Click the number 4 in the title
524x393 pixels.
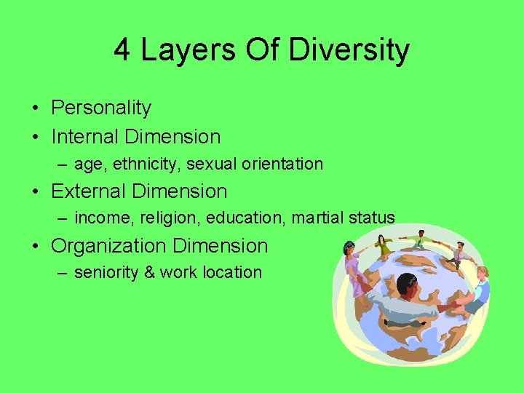123,50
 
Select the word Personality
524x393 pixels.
101,108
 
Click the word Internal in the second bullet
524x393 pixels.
87,136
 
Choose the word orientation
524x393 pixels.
282,164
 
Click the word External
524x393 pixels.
88,191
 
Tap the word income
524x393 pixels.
100,218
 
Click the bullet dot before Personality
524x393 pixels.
36,108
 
